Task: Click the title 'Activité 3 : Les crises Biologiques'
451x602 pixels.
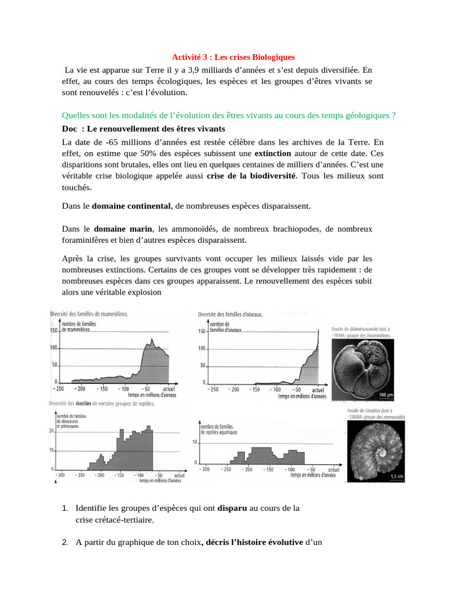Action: [x=233, y=57]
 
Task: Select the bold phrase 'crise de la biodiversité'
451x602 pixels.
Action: [x=252, y=176]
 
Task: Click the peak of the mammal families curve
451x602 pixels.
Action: [x=152, y=339]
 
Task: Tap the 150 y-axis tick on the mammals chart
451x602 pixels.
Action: [x=54, y=330]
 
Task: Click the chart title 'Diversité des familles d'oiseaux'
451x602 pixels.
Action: [x=231, y=315]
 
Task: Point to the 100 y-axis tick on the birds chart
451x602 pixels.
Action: [x=201, y=349]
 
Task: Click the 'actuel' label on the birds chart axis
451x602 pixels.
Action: [x=318, y=390]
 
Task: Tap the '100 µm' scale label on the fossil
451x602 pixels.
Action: [x=385, y=394]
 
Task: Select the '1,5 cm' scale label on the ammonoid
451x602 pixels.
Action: [x=396, y=476]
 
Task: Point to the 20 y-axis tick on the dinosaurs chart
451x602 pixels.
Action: [x=52, y=431]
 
